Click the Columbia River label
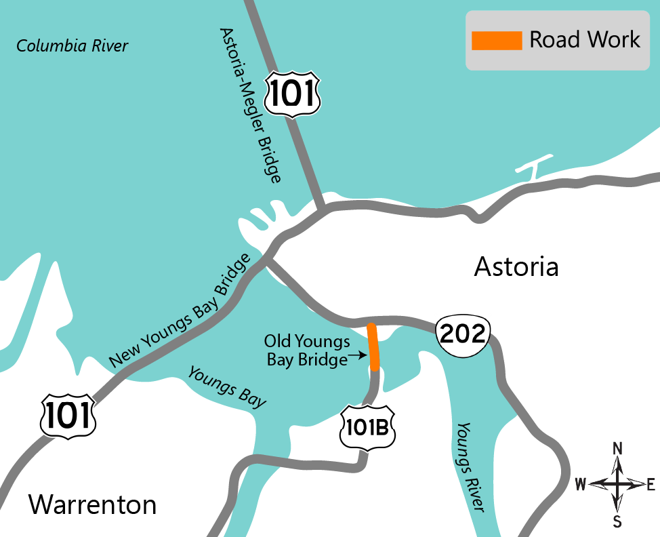click(x=73, y=46)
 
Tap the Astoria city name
click(x=516, y=266)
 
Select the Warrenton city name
click(x=92, y=504)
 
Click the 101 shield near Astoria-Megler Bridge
click(x=292, y=94)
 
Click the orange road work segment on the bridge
click(x=373, y=347)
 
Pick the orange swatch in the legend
click(x=497, y=41)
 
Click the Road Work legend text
click(x=584, y=39)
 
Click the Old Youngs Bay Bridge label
click(x=307, y=350)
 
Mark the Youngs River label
click(x=471, y=467)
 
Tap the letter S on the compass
click(x=617, y=521)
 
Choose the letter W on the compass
click(x=581, y=484)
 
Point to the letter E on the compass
click(x=651, y=484)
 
